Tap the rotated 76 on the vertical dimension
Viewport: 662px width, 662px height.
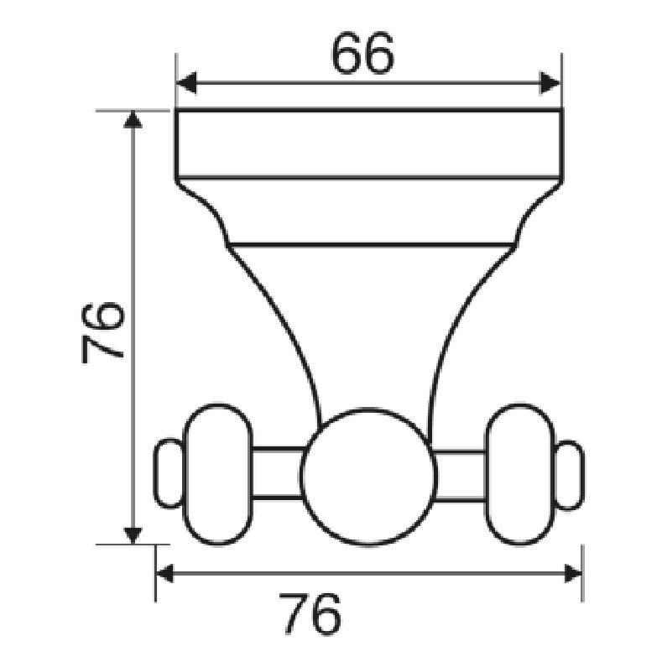(x=102, y=333)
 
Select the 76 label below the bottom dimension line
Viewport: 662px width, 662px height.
(x=310, y=614)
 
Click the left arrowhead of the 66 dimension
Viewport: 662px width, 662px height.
(x=186, y=83)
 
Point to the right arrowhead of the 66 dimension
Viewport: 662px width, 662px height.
(x=550, y=83)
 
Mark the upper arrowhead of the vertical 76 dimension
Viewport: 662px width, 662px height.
(x=133, y=118)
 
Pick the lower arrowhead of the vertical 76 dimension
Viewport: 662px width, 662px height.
(x=133, y=536)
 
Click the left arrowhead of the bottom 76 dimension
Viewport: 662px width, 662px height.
(x=164, y=574)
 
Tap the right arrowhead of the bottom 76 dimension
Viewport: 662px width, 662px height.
(x=573, y=574)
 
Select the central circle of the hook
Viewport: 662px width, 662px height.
(x=368, y=477)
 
